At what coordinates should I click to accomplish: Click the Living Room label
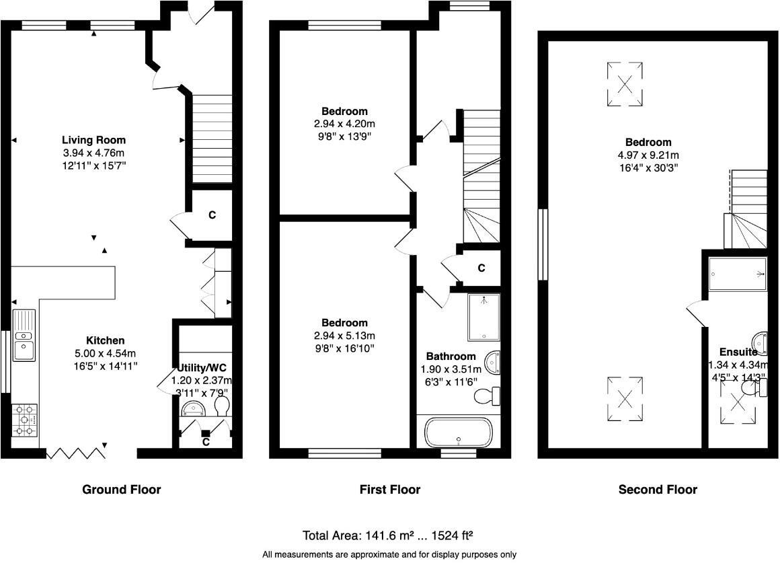pyautogui.click(x=94, y=141)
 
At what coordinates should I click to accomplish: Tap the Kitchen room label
pyautogui.click(x=105, y=340)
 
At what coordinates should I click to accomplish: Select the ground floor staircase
pyautogui.click(x=212, y=139)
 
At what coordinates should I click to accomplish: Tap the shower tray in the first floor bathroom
pyautogui.click(x=484, y=317)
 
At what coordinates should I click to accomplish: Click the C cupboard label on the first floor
pyautogui.click(x=481, y=268)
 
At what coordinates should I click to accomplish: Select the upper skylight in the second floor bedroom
pyautogui.click(x=625, y=84)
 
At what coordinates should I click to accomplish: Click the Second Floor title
pyautogui.click(x=657, y=490)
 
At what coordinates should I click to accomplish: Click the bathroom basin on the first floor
pyautogui.click(x=494, y=363)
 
